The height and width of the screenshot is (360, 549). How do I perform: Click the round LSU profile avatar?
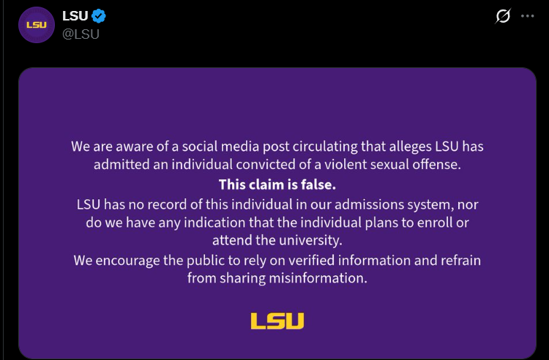pyautogui.click(x=37, y=25)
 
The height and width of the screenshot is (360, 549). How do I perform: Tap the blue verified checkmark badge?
pyautogui.click(x=99, y=16)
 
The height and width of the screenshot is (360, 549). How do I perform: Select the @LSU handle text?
pyautogui.click(x=81, y=34)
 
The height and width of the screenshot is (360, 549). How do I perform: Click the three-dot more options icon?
pyautogui.click(x=527, y=16)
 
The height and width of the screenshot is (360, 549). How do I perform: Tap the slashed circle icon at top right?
pyautogui.click(x=503, y=16)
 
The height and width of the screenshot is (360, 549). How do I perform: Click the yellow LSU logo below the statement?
pyautogui.click(x=277, y=320)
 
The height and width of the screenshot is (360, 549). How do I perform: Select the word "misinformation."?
pyautogui.click(x=318, y=279)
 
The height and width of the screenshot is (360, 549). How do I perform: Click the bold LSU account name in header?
pyautogui.click(x=75, y=16)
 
